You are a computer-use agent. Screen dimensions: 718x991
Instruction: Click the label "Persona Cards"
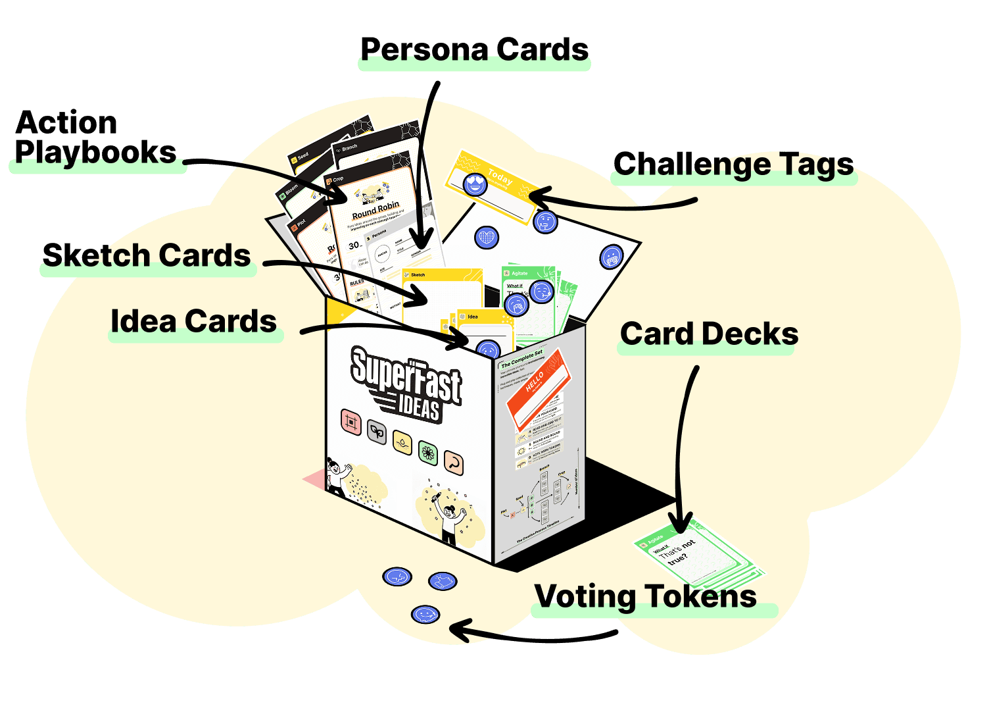click(474, 50)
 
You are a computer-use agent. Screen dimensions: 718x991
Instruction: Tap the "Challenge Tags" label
click(733, 165)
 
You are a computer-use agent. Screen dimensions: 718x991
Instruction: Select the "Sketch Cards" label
click(147, 256)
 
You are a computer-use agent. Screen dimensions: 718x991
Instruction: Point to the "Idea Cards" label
click(194, 322)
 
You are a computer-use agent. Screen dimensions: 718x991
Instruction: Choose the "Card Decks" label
click(709, 334)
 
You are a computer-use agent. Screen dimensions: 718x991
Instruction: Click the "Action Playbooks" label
click(95, 138)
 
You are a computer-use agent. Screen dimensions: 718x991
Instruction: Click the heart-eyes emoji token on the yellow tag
click(475, 184)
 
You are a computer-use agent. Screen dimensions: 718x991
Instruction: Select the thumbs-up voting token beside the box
click(443, 581)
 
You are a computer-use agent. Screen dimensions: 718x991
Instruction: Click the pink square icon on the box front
click(351, 422)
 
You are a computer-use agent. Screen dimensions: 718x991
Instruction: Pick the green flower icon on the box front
click(429, 452)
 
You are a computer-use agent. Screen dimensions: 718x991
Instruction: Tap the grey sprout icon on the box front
click(377, 432)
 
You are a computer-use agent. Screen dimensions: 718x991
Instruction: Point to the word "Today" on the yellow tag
click(500, 178)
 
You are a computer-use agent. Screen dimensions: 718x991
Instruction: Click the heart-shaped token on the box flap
click(486, 237)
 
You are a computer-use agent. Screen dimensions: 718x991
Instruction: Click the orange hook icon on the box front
click(453, 463)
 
